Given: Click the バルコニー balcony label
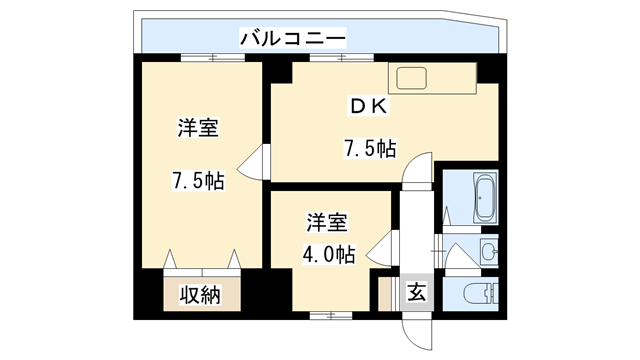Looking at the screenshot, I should point(293,39).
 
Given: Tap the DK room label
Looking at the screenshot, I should point(369,106).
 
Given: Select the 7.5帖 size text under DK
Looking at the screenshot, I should point(369,150).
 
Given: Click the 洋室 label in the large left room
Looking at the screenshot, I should point(200,129).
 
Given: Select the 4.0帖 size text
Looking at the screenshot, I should point(329,254).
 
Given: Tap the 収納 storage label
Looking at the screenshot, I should point(201,295).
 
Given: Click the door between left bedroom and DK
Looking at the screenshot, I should point(255,159).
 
